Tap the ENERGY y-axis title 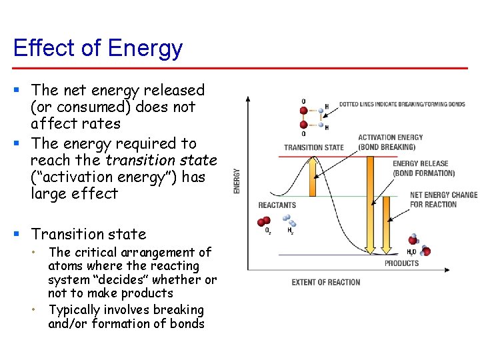click(x=237, y=181)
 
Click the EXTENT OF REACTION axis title click(x=326, y=282)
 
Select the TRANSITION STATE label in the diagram click(x=314, y=147)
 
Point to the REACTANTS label click(x=277, y=205)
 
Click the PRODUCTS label click(x=402, y=263)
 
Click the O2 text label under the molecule click(x=268, y=231)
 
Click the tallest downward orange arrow click(x=368, y=200)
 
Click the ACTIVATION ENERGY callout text click(x=390, y=142)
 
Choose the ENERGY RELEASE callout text click(x=423, y=168)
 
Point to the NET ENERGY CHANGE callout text click(x=443, y=199)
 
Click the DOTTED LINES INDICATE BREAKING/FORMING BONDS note click(x=402, y=105)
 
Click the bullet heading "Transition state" click(x=89, y=234)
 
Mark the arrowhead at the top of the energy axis click(x=248, y=99)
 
